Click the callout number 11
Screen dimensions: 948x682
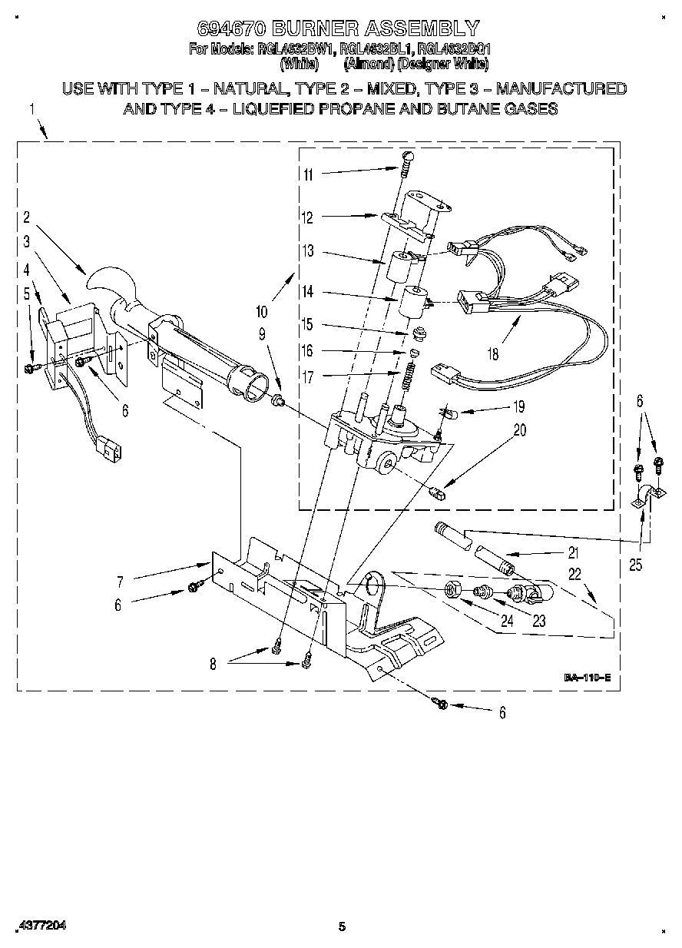[307, 174]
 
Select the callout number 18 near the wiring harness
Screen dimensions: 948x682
[492, 354]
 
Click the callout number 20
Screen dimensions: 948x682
[519, 431]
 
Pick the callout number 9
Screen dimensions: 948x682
[262, 334]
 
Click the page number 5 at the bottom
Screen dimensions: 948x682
[343, 926]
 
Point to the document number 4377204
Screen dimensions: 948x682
[40, 926]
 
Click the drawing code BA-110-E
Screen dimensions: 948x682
[587, 678]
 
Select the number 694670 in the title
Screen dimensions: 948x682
[231, 30]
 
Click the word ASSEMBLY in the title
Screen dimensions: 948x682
[422, 30]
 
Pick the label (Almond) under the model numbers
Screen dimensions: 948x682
[366, 65]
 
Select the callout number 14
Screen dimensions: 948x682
[307, 293]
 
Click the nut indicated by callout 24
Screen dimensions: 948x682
[452, 591]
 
